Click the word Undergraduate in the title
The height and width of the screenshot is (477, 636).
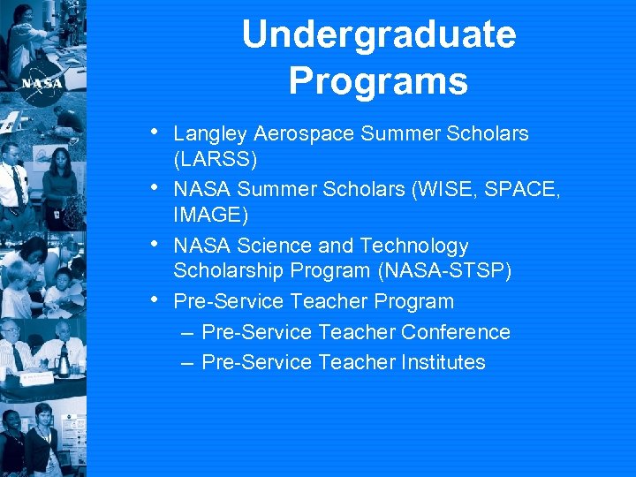[378, 35]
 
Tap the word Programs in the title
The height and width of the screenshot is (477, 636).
[378, 81]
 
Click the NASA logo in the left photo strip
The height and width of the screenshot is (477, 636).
[42, 83]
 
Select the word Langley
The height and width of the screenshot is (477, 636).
[210, 134]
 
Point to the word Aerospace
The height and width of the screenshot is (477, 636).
[298, 134]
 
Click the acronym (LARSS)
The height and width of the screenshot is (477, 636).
[216, 160]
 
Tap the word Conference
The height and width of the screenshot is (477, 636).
[456, 332]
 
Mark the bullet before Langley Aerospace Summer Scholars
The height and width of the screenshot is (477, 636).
[155, 132]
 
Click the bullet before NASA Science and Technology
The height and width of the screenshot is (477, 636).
[155, 244]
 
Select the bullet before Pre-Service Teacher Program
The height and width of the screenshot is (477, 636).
[155, 299]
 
